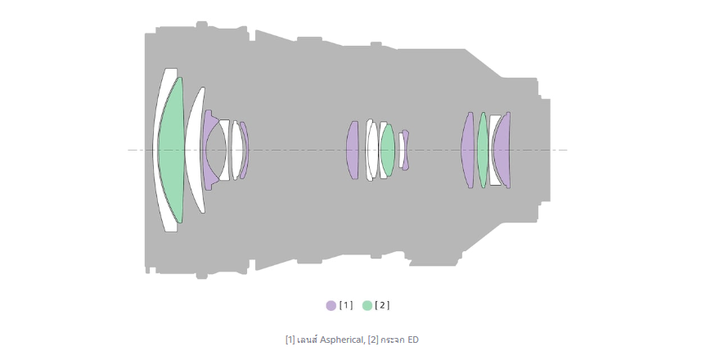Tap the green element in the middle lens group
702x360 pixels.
click(387, 150)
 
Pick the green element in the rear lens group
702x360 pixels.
click(482, 150)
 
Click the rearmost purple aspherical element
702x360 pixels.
click(502, 150)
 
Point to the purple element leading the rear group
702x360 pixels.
click(467, 150)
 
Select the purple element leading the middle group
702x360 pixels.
click(353, 150)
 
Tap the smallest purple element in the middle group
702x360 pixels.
click(405, 150)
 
